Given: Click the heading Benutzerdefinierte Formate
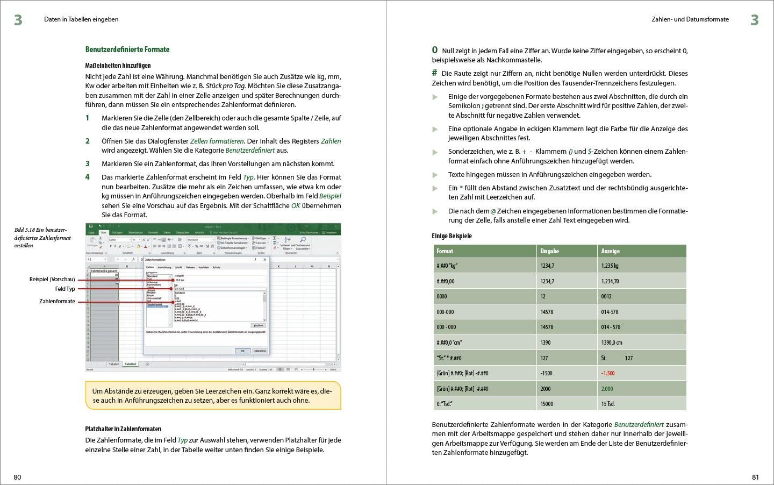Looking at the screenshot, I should (x=127, y=49).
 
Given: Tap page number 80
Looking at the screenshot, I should (x=17, y=477).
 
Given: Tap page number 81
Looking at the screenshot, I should (x=755, y=477).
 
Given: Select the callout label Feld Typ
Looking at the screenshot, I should (x=65, y=289).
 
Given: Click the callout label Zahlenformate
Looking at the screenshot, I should (x=57, y=302).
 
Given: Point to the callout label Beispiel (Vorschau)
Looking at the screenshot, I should (x=52, y=280).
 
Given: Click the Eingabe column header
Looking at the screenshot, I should (x=550, y=251).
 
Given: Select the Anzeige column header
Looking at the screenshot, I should (x=611, y=251).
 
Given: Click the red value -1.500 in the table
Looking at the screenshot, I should (x=608, y=373).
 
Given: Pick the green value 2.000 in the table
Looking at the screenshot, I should (x=607, y=389).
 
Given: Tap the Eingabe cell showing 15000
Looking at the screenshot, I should (x=547, y=404).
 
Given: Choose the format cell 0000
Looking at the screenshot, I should (x=442, y=296).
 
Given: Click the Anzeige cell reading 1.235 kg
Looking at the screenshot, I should (x=610, y=266).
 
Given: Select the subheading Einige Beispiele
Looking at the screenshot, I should (x=452, y=236).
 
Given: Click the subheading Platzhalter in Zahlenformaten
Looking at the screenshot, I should (x=123, y=429).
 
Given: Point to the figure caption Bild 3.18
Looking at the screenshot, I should (x=42, y=238).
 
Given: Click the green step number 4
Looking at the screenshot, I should (x=88, y=177).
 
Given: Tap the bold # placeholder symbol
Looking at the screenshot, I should (x=434, y=73).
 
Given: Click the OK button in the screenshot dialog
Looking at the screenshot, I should (x=242, y=351).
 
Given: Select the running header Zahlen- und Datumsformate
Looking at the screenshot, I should (x=690, y=19).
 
